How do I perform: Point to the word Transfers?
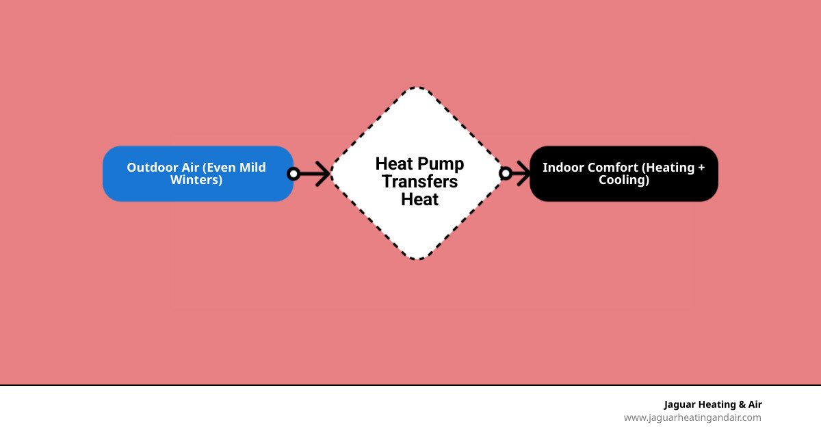point(419,182)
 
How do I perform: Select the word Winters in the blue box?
point(196,181)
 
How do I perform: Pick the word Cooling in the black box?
point(623,181)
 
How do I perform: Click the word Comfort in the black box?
point(613,167)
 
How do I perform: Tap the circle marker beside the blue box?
point(294,174)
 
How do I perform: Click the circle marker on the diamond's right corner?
point(506,174)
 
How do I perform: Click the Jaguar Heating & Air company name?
point(712,404)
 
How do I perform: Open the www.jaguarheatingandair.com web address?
point(692,417)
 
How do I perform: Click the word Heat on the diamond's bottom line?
point(419,200)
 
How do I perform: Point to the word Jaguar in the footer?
point(680,404)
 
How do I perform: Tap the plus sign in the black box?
point(701,167)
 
